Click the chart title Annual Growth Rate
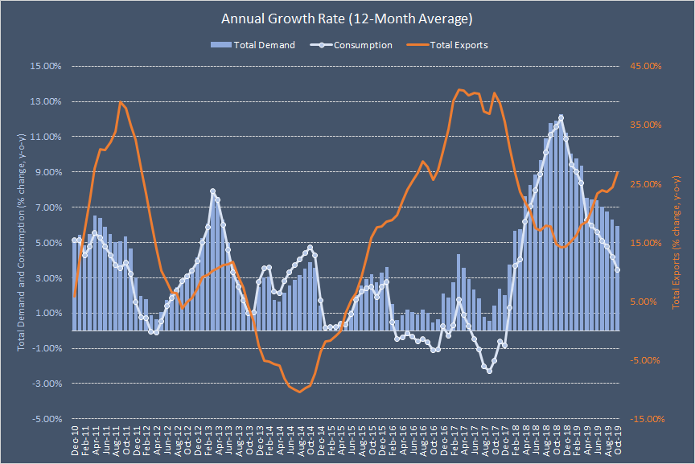coord(347,18)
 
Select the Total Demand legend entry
coord(264,45)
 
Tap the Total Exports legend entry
coord(459,45)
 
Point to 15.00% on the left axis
coord(46,66)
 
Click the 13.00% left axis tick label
coord(46,101)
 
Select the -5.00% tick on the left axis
coord(46,419)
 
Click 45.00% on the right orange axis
coord(644,66)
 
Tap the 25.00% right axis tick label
coord(644,184)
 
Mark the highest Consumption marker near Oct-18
coord(561,118)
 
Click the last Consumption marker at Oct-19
coord(618,270)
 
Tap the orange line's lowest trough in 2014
coord(300,392)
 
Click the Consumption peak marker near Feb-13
coord(213,191)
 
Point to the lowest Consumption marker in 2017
coord(489,370)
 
